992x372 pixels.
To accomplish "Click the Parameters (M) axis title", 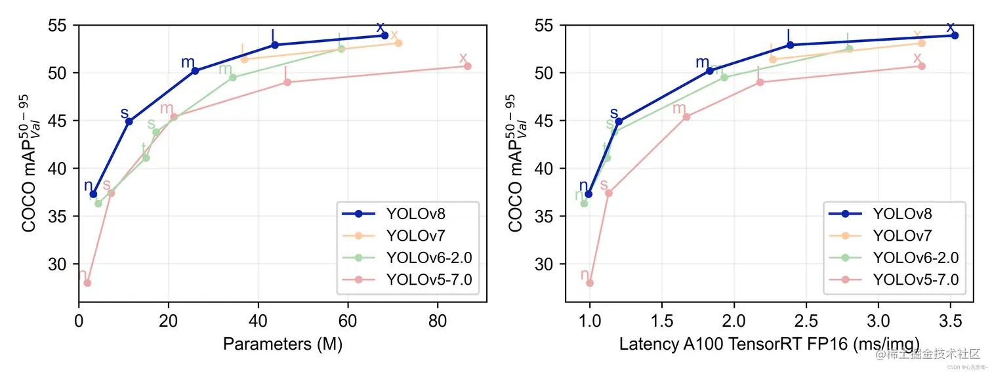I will click(x=282, y=344).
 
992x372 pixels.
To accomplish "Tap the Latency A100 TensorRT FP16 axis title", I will click(x=769, y=344).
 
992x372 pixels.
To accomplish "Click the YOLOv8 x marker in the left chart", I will click(x=384, y=35).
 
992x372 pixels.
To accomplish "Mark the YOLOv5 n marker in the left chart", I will click(x=87, y=283).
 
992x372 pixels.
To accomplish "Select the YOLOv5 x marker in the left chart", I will click(x=468, y=66).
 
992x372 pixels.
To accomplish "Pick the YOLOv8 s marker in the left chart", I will click(x=129, y=121).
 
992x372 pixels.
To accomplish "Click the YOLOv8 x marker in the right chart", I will click(x=955, y=35).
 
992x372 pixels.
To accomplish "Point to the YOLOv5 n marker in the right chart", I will click(x=590, y=283).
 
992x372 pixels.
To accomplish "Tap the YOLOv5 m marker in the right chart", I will click(x=686, y=117).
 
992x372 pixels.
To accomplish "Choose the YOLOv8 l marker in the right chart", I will click(x=790, y=45).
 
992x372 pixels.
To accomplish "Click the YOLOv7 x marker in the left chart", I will click(x=398, y=43).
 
